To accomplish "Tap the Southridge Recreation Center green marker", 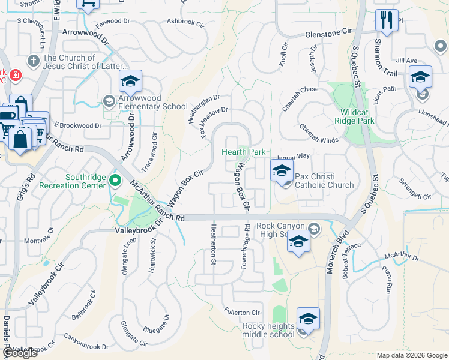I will pyautogui.click(x=115, y=181).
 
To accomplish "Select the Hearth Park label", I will pyautogui.click(x=244, y=152).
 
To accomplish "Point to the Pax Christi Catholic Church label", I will pyautogui.click(x=324, y=181).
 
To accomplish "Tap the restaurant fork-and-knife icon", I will pyautogui.click(x=387, y=21).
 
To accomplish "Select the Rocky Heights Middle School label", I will pyautogui.click(x=268, y=330).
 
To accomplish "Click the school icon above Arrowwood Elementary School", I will pyautogui.click(x=130, y=81).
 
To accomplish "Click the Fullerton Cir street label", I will pyautogui.click(x=241, y=313).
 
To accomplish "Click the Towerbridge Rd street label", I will pyautogui.click(x=245, y=247).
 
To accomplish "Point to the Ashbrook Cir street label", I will pyautogui.click(x=187, y=21).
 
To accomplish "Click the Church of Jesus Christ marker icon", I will pyautogui.click(x=34, y=61).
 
